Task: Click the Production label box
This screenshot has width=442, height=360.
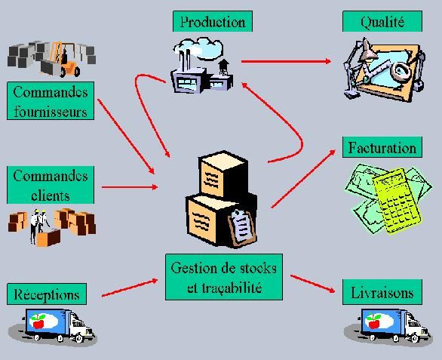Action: pyautogui.click(x=213, y=21)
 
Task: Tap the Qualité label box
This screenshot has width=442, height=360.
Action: pyautogui.click(x=382, y=21)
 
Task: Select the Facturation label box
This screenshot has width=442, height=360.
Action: pyautogui.click(x=382, y=147)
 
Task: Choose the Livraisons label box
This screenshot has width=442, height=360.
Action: pyautogui.click(x=382, y=292)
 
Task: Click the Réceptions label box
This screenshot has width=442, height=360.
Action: pyautogui.click(x=47, y=294)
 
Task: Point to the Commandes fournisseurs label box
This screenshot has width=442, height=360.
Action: pyautogui.click(x=51, y=100)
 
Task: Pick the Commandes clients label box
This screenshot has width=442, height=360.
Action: pyautogui.click(x=51, y=185)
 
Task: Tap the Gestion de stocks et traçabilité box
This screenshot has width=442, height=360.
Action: pyautogui.click(x=224, y=277)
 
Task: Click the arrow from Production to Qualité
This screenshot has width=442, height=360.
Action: pyautogui.click(x=286, y=61)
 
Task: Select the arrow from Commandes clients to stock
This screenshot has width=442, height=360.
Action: pyautogui.click(x=130, y=186)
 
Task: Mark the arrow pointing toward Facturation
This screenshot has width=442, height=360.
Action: pyautogui.click(x=303, y=179)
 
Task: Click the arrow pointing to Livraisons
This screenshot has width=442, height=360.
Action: pyautogui.click(x=313, y=284)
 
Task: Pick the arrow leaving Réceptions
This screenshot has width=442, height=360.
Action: pyautogui.click(x=130, y=288)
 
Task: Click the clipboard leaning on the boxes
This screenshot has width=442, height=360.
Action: pyautogui.click(x=242, y=227)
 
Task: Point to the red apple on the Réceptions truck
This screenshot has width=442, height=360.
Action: pyautogui.click(x=38, y=322)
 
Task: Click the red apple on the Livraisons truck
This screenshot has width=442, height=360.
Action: pyautogui.click(x=374, y=322)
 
